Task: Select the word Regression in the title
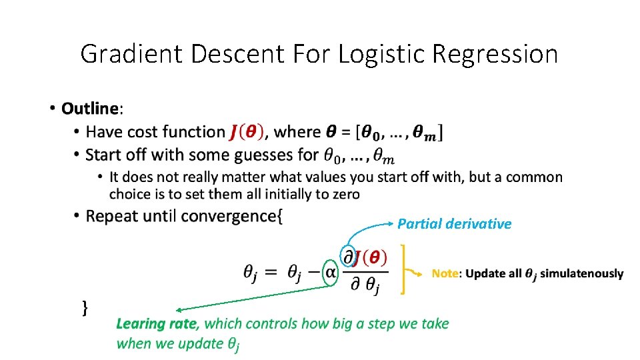[495, 54]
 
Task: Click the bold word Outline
[89, 108]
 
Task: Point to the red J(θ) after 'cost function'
[246, 132]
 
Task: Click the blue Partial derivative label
[454, 224]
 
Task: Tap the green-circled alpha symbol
[330, 273]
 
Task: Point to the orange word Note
[445, 273]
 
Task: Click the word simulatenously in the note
[581, 273]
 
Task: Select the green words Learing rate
[157, 324]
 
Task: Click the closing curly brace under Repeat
[85, 307]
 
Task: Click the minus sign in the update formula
[313, 273]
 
